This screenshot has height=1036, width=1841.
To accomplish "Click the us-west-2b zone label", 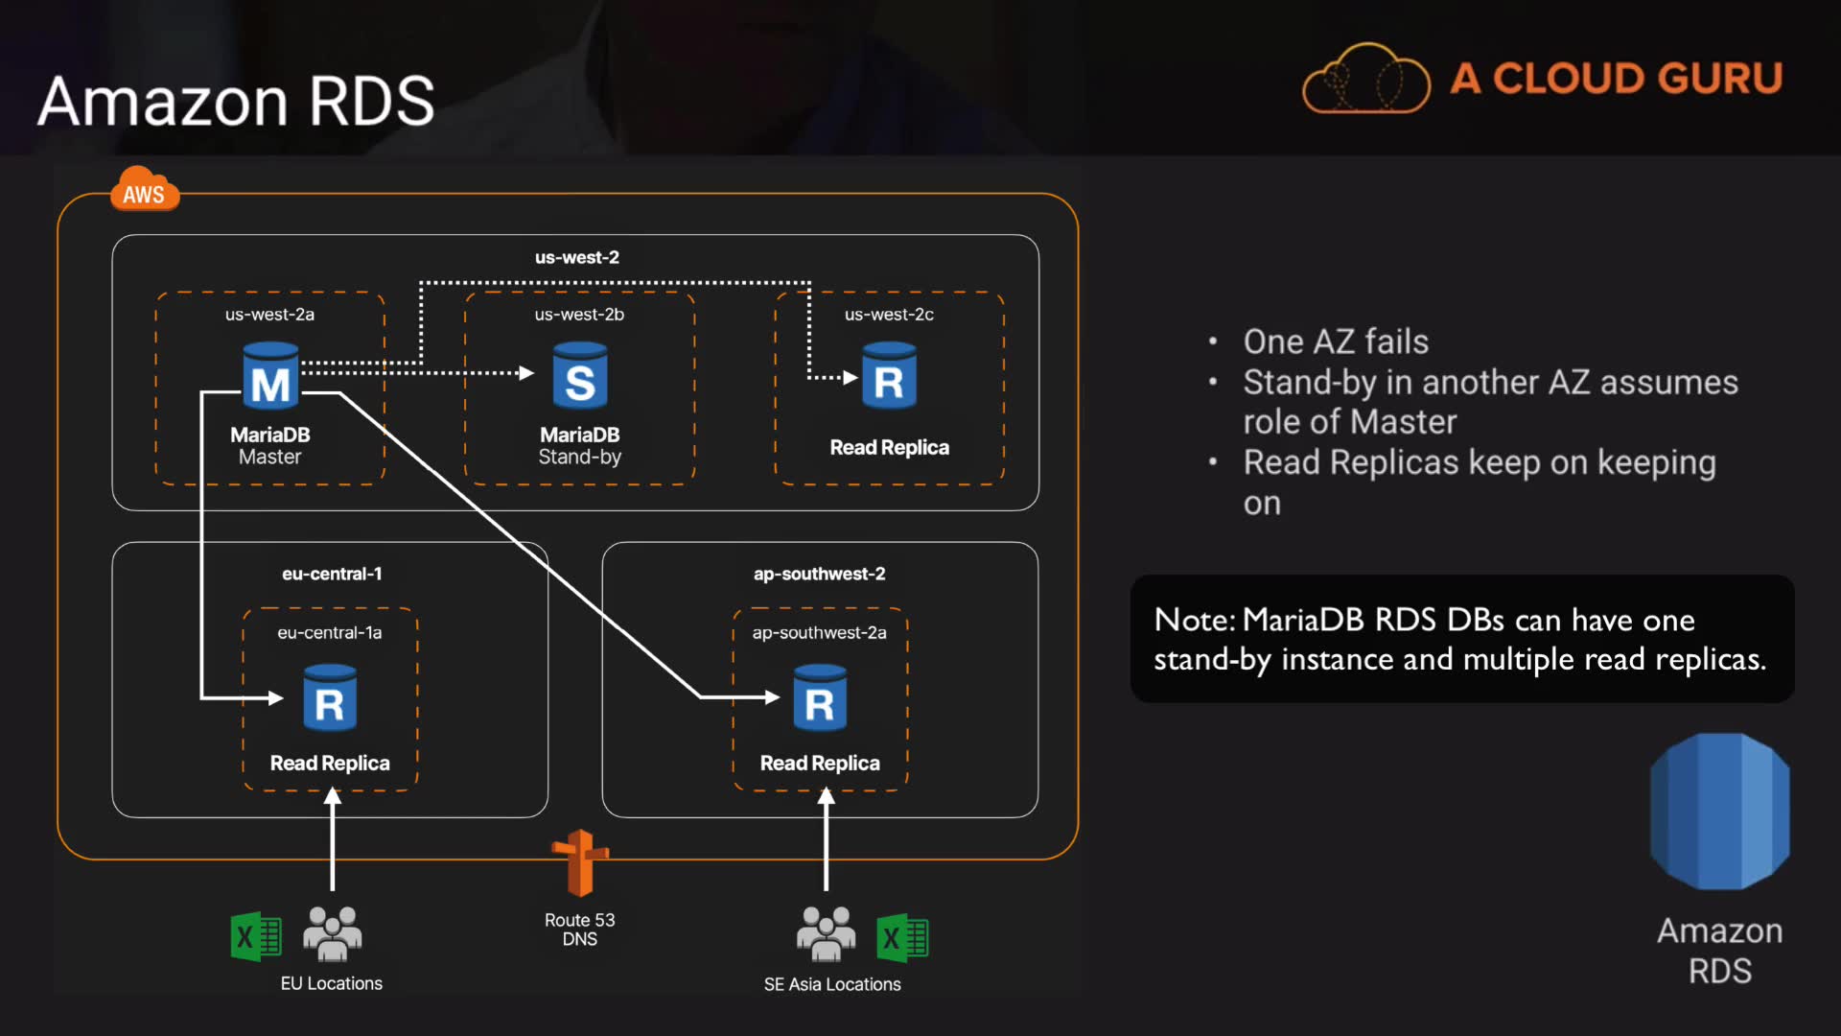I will pyautogui.click(x=579, y=315).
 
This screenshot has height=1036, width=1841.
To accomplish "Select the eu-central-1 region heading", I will pyautogui.click(x=332, y=574).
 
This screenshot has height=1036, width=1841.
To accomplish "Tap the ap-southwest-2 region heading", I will pyautogui.click(x=819, y=574).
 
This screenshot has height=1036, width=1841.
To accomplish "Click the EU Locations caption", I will pyautogui.click(x=331, y=983).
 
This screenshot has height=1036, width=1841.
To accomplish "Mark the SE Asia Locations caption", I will pyautogui.click(x=832, y=984).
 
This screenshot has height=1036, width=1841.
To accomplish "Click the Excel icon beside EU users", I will pyautogui.click(x=256, y=936).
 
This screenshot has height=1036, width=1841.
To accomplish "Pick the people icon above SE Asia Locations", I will pyautogui.click(x=826, y=933).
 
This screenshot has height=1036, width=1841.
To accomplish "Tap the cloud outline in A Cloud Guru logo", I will pyautogui.click(x=1366, y=80).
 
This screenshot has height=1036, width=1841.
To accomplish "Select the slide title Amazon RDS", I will pyautogui.click(x=236, y=101).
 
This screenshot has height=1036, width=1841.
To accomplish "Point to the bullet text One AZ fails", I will pyautogui.click(x=1336, y=341).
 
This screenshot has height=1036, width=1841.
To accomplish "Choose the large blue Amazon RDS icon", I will pyautogui.click(x=1719, y=811).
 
